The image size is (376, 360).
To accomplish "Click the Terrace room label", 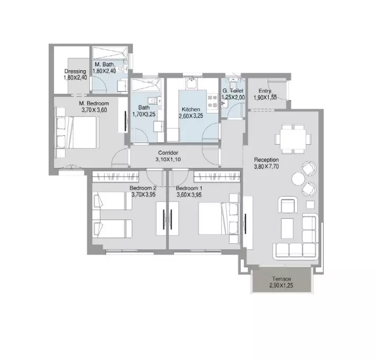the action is pyautogui.click(x=281, y=279).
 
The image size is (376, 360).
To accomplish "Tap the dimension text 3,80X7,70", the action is pyautogui.click(x=266, y=166).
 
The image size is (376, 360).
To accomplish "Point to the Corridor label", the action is pyautogui.click(x=168, y=153).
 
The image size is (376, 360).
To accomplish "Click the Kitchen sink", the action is pyautogui.click(x=191, y=83).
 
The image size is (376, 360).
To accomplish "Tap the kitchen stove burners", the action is pyautogui.click(x=212, y=101).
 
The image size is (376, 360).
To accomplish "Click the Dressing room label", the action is pyautogui.click(x=75, y=71).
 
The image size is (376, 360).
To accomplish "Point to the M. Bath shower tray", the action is pyautogui.click(x=110, y=53).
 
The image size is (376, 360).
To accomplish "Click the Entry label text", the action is pyautogui.click(x=265, y=91).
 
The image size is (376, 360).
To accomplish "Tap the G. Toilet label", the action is pyautogui.click(x=233, y=91).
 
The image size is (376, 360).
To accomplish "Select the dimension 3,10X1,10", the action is pyautogui.click(x=168, y=159).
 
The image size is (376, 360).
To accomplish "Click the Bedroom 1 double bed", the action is pyautogui.click(x=219, y=219).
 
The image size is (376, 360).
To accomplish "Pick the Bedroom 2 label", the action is pyautogui.click(x=143, y=188).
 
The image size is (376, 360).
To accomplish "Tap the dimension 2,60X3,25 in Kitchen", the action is pyautogui.click(x=191, y=116).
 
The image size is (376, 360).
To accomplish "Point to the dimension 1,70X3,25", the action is pyautogui.click(x=144, y=115).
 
